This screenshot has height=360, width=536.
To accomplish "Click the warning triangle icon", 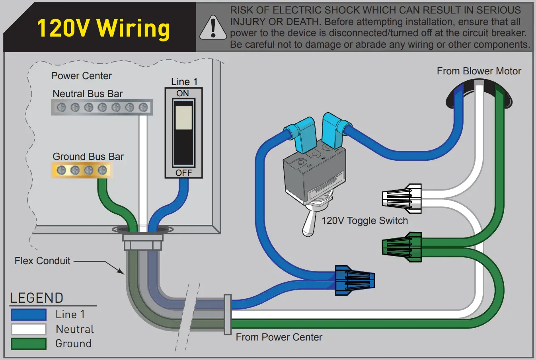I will tap(213, 28).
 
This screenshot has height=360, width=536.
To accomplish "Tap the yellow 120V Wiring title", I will tap(103, 28).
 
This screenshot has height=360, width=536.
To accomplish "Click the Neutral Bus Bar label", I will tap(88, 93).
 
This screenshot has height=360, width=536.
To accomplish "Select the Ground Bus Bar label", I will tap(88, 156).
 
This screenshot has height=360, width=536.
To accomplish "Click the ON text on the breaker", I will tap(183, 93).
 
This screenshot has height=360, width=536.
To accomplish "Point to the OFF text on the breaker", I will tap(183, 173).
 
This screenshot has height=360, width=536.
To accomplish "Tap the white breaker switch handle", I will tap(183, 117).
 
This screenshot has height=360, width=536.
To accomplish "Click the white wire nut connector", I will tap(402, 198).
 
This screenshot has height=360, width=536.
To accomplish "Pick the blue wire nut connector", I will tap(354, 280).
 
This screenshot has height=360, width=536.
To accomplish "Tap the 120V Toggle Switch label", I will tap(364, 221).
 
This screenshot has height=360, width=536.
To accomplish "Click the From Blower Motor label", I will tap(479, 71).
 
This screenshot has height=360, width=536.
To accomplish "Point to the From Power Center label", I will tap(279, 337).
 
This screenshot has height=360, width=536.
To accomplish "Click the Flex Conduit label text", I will tap(42, 261).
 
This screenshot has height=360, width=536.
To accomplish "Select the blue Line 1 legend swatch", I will tap(29, 315).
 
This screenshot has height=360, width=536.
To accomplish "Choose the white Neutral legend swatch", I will tap(29, 329).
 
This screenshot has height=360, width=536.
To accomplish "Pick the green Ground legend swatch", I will tap(29, 344).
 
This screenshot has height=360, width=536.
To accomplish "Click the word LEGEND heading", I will tap(37, 298).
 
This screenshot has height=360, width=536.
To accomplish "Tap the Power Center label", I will tap(81, 76).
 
